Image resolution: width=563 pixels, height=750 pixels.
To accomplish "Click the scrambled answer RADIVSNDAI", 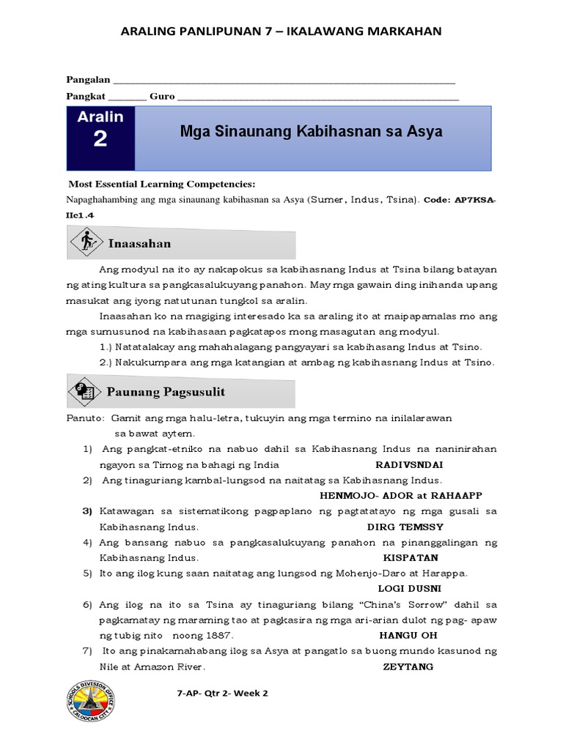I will click(408, 465).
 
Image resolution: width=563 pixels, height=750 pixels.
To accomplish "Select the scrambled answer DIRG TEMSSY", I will click(405, 527).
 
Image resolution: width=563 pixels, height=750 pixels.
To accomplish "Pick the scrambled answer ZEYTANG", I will click(408, 667).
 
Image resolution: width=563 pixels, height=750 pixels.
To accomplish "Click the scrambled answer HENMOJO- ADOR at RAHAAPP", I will click(401, 496).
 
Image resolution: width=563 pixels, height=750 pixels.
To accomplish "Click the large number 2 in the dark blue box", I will click(100, 139).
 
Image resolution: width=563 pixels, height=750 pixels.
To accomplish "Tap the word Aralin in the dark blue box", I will click(100, 116).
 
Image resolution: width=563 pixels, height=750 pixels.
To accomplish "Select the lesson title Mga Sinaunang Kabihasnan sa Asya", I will click(311, 133).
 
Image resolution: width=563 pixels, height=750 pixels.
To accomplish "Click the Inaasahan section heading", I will click(139, 243).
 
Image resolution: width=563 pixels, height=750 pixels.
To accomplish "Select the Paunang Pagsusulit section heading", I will click(166, 392).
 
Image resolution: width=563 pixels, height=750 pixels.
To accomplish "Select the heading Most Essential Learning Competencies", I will click(161, 184).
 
